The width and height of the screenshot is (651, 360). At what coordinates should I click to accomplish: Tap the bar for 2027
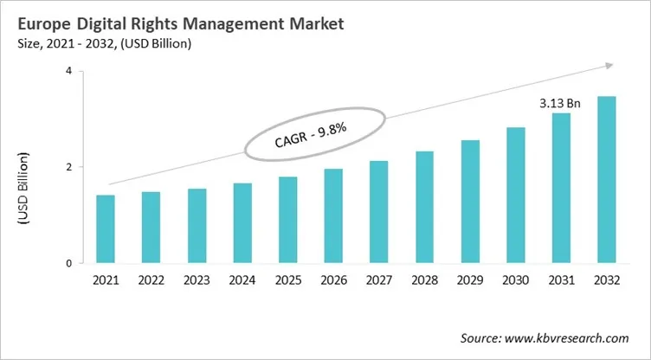378,211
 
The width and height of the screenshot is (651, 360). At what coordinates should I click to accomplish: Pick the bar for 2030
515,195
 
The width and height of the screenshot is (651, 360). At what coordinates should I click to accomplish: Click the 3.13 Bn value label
560,103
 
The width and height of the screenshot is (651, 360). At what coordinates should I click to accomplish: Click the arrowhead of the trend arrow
609,65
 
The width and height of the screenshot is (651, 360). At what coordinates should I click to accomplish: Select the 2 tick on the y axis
68,167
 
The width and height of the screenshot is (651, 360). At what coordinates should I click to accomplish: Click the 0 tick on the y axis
68,263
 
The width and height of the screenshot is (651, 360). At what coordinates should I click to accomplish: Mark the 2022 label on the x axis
151,282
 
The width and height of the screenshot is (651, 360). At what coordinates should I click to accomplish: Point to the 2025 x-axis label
288,282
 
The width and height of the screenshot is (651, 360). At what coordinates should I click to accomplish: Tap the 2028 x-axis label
424,282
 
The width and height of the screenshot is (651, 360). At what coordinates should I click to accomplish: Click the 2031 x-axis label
561,282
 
